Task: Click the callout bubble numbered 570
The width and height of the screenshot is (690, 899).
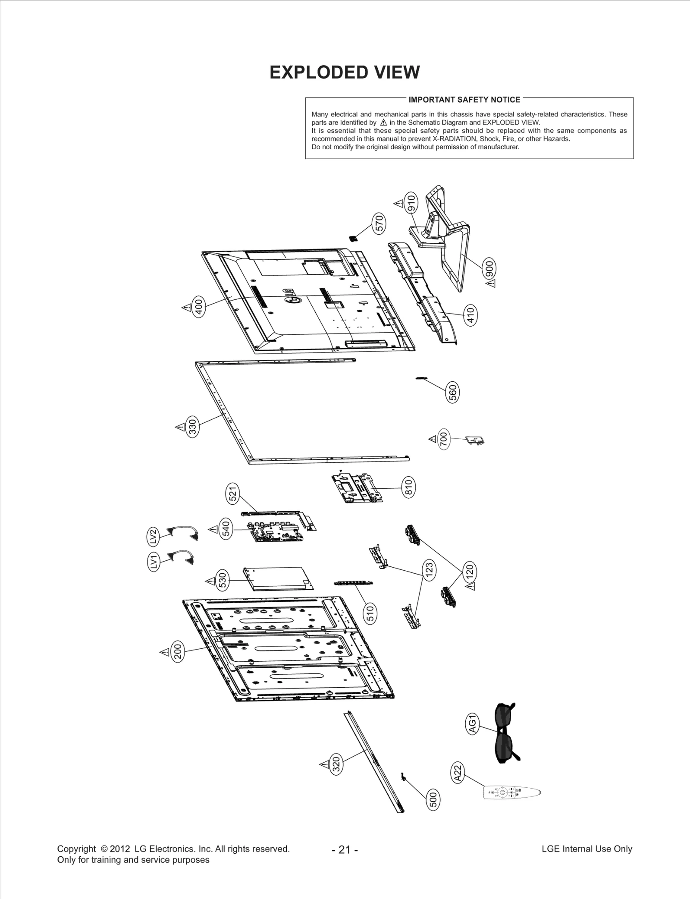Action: pos(379,224)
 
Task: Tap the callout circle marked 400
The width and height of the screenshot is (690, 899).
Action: pos(198,307)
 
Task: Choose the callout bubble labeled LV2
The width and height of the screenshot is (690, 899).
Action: pos(153,537)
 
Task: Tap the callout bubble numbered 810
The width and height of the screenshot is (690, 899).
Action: pos(408,487)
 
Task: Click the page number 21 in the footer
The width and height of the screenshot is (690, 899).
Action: pos(345,850)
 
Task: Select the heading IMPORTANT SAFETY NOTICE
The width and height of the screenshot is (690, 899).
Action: pos(464,100)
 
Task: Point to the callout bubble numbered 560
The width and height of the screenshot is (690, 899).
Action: pos(452,393)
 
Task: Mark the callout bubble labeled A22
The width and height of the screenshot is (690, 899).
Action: pos(458,772)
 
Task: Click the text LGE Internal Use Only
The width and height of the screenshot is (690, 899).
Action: pos(586,849)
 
